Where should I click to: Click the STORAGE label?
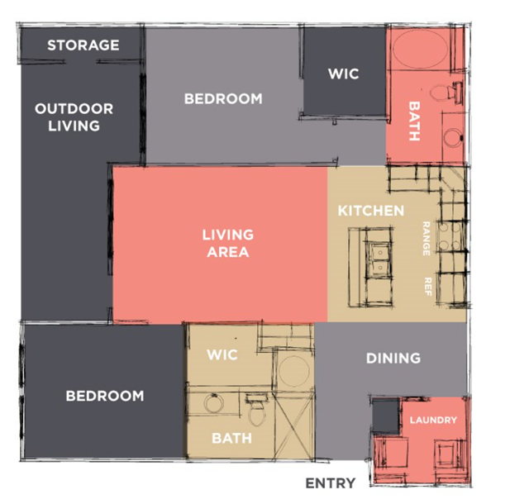83,45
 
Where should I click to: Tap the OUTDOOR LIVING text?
74,117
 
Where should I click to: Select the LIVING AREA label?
228,243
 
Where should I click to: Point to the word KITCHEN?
371,211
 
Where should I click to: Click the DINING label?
393,358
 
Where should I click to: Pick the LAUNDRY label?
433,420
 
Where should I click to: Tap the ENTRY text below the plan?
331,483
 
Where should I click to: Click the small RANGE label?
427,239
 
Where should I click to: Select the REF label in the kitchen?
428,287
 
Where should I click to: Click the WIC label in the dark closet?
344,74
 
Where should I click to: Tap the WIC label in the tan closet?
222,354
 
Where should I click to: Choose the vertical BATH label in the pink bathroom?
414,121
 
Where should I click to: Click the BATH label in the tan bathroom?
231,439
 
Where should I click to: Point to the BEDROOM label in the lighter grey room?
223,99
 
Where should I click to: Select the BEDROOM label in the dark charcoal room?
105,396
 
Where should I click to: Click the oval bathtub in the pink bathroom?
421,49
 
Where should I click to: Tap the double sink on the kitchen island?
379,259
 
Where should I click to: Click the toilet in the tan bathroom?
257,410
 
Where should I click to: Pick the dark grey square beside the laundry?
386,415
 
